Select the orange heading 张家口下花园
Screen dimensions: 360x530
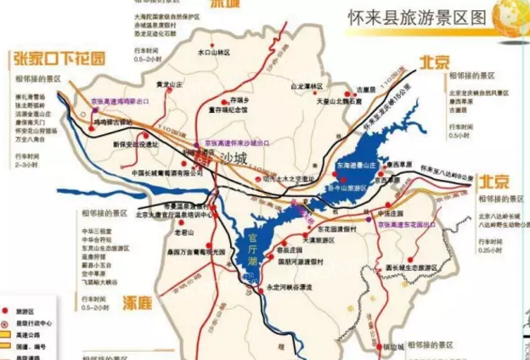pos(59,59)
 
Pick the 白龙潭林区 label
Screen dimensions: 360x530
pos(307,86)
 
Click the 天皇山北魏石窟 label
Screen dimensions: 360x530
pos(322,101)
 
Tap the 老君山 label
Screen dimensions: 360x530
pos(184,231)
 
